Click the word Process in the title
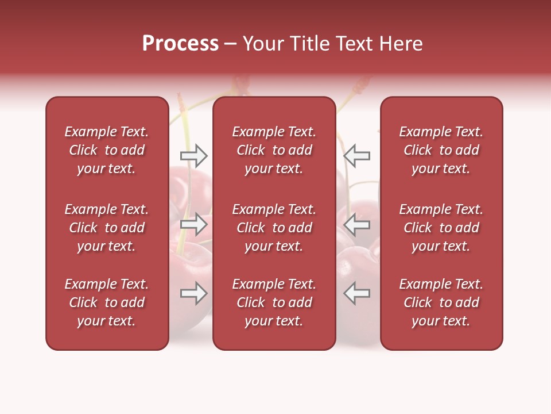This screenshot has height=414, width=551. pyautogui.click(x=180, y=44)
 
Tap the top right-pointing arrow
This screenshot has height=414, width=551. pyautogui.click(x=193, y=155)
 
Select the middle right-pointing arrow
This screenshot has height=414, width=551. pyautogui.click(x=193, y=224)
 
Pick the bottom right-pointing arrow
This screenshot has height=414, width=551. pyautogui.click(x=193, y=293)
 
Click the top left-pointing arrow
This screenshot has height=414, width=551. pyautogui.click(x=357, y=155)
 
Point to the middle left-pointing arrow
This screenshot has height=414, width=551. pyautogui.click(x=357, y=224)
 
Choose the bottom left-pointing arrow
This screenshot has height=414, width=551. pyautogui.click(x=357, y=293)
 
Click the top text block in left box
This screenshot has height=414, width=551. pyautogui.click(x=107, y=150)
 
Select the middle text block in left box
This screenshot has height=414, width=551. pyautogui.click(x=107, y=228)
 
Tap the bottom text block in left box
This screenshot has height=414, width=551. pyautogui.click(x=107, y=302)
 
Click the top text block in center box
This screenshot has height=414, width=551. pyautogui.click(x=274, y=150)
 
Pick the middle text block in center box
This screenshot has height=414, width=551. pyautogui.click(x=274, y=228)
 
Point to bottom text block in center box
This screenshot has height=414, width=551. pyautogui.click(x=274, y=302)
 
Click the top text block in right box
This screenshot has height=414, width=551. pyautogui.click(x=441, y=150)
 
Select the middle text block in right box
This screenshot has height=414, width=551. pyautogui.click(x=441, y=228)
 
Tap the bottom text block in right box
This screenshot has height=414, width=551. pyautogui.click(x=441, y=302)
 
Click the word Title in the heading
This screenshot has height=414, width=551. pyautogui.click(x=308, y=44)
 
